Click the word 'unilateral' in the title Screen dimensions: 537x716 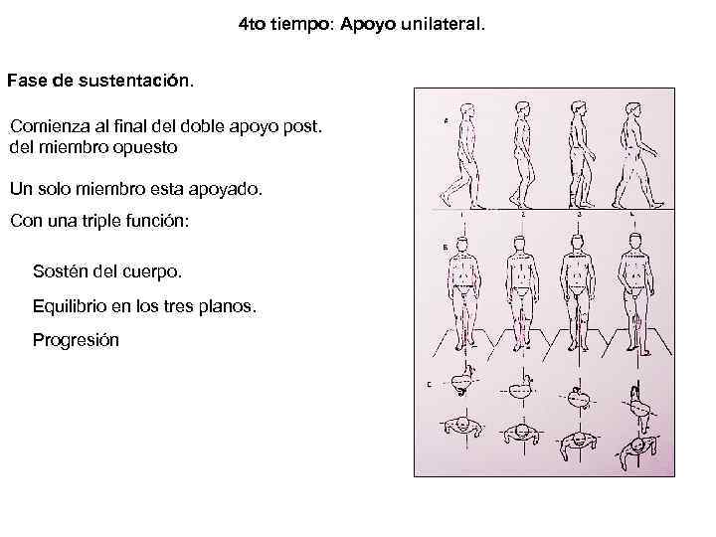pos(444,22)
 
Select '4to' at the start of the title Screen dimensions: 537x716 pos(253,22)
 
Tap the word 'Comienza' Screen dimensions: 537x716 pos(49,127)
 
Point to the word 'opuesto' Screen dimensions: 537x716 pos(147,147)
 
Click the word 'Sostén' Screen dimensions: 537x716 pos(62,270)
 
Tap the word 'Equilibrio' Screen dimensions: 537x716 pos(73,307)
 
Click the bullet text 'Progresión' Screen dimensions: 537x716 pos(76,341)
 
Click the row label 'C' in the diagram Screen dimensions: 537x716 pos(428,384)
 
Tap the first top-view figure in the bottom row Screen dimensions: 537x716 pos(461,430)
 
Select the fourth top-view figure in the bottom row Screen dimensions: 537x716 pos(635,446)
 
